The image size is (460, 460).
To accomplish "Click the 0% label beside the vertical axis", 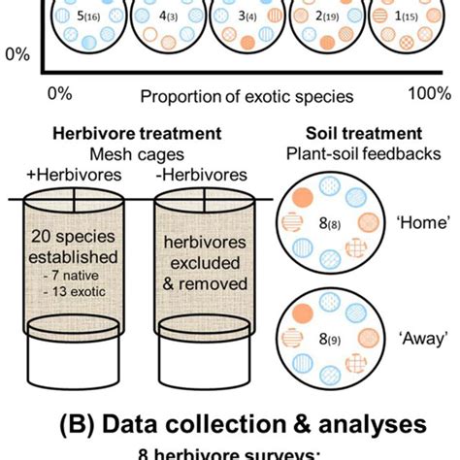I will click(x=16, y=55).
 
